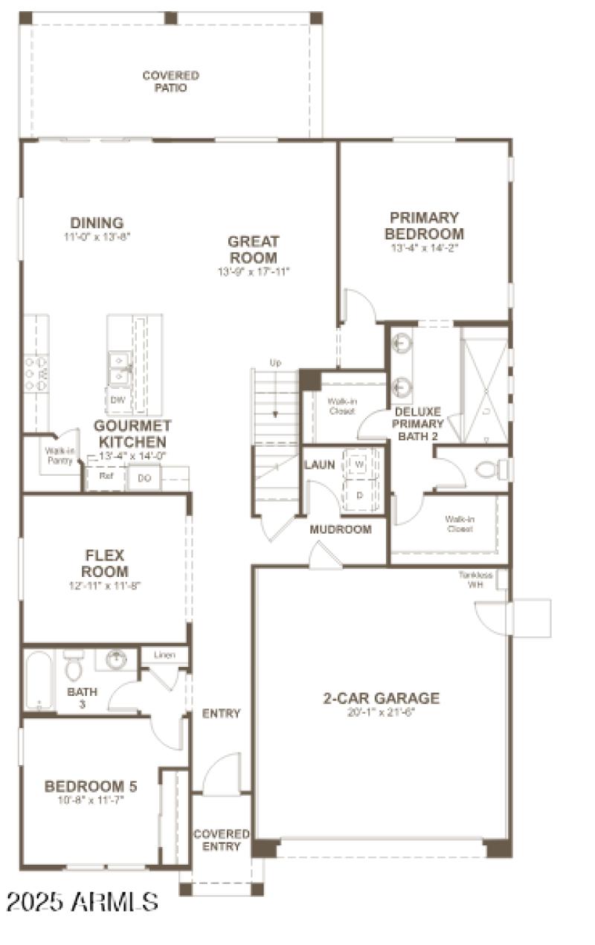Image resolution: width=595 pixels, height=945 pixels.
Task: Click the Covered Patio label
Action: click(170, 81)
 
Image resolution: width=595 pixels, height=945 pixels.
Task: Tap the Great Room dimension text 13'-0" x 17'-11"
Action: click(253, 272)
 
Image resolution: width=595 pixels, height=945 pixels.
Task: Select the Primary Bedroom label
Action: click(424, 225)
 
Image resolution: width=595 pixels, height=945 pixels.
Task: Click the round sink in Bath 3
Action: click(116, 659)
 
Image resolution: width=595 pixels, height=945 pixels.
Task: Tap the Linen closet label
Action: click(164, 655)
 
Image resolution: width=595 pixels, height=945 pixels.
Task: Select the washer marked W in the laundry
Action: click(360, 465)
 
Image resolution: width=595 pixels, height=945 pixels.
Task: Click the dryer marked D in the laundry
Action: click(360, 494)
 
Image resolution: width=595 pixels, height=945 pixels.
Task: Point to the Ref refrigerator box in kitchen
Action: click(106, 477)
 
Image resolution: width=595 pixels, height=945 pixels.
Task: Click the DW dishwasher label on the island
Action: click(118, 399)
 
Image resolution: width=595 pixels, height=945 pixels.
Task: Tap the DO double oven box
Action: click(144, 478)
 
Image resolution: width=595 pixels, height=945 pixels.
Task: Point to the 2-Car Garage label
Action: click(381, 698)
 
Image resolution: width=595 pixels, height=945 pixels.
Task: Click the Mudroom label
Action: click(340, 529)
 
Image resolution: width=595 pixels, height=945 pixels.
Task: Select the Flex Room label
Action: click(106, 564)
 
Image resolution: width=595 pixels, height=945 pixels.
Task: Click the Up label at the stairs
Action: click(275, 363)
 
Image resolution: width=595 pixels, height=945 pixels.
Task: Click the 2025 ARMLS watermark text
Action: click(82, 901)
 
